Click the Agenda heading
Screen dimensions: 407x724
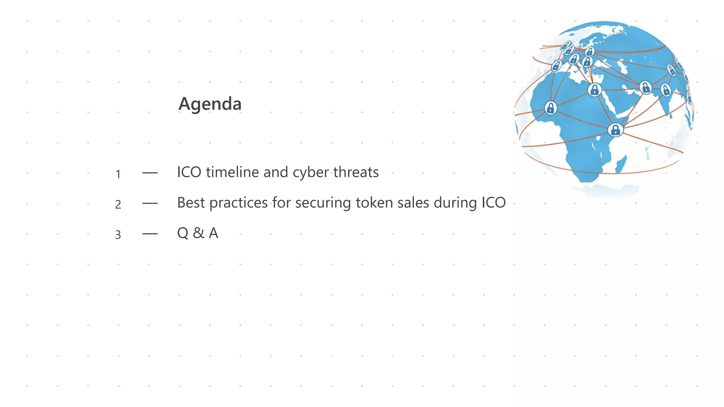pyautogui.click(x=210, y=104)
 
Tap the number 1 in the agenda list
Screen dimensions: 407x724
pyautogui.click(x=118, y=174)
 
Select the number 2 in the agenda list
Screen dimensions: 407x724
pyautogui.click(x=118, y=204)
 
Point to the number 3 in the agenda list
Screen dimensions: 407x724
pyautogui.click(x=118, y=235)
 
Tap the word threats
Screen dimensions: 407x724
pyautogui.click(x=356, y=172)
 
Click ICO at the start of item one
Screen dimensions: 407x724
pyautogui.click(x=189, y=172)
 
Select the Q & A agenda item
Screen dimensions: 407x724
pyautogui.click(x=198, y=233)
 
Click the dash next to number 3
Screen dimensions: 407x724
pyautogui.click(x=150, y=234)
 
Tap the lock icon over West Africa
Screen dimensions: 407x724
pyautogui.click(x=550, y=108)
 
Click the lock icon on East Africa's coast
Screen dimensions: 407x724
pyautogui.click(x=615, y=130)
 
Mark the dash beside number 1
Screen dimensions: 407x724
pyautogui.click(x=150, y=173)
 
